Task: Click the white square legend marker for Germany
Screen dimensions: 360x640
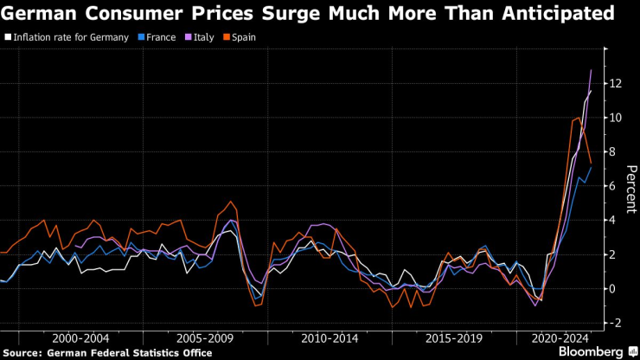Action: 8,37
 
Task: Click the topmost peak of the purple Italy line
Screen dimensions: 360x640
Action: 591,70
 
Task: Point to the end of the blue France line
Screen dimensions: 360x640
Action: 591,166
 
